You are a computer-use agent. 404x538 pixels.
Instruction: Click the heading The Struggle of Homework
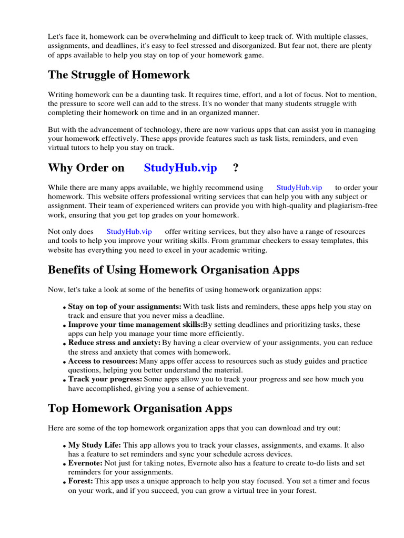[119, 75]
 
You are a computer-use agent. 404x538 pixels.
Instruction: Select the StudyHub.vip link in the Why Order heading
[180, 168]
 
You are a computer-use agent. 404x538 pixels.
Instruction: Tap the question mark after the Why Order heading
[235, 168]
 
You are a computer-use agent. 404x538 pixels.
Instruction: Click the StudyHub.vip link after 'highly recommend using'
[299, 188]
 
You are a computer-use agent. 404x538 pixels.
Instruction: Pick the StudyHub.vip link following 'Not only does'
[129, 231]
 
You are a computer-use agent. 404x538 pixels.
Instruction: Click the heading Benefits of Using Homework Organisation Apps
[174, 270]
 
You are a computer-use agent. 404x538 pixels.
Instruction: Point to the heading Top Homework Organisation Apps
[140, 408]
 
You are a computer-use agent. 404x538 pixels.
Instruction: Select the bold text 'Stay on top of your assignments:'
[125, 306]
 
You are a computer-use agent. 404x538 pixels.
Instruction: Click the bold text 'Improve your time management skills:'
[135, 325]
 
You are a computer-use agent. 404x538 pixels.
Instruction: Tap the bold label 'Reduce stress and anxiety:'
[114, 343]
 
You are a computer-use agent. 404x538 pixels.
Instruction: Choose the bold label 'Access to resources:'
[103, 361]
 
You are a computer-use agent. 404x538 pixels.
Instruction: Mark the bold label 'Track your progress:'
[105, 379]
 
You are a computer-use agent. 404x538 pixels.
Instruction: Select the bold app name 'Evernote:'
[86, 463]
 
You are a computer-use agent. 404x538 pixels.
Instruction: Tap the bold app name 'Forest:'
[80, 481]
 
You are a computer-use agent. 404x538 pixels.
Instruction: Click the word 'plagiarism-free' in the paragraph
[352, 206]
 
